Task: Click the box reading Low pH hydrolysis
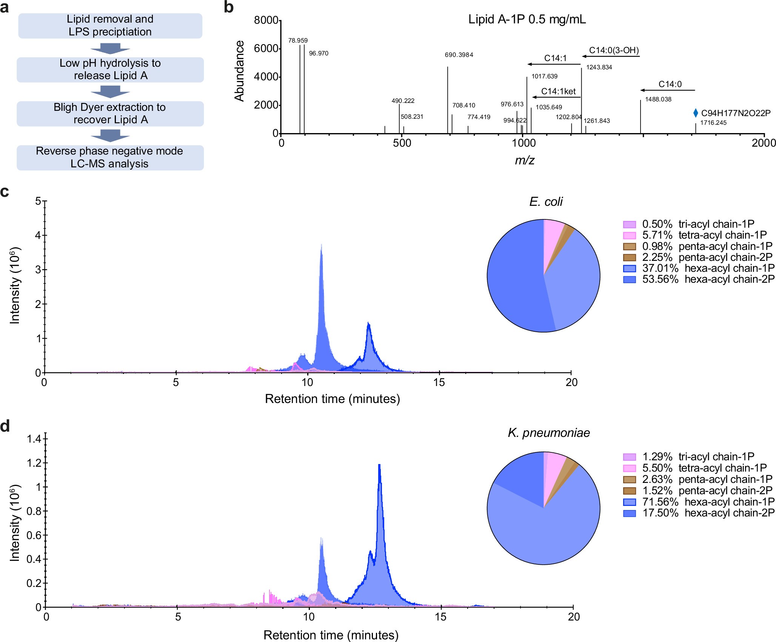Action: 110,69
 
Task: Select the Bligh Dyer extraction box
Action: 110,113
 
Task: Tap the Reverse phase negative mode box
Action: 110,158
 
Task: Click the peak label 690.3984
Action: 459,55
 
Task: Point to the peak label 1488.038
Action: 658,100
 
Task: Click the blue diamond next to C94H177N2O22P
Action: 695,113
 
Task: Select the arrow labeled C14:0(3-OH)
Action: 610,57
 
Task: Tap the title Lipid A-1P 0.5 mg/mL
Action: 527,20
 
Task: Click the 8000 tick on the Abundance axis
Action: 266,20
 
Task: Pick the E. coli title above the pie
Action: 545,202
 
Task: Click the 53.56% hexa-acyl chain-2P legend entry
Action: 698,279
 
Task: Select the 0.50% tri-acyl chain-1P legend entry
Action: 688,224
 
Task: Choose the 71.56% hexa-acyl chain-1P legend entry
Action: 698,502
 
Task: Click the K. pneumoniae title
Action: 548,433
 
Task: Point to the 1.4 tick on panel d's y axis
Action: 34,439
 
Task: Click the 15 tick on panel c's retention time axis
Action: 439,382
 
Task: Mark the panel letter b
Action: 229,8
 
